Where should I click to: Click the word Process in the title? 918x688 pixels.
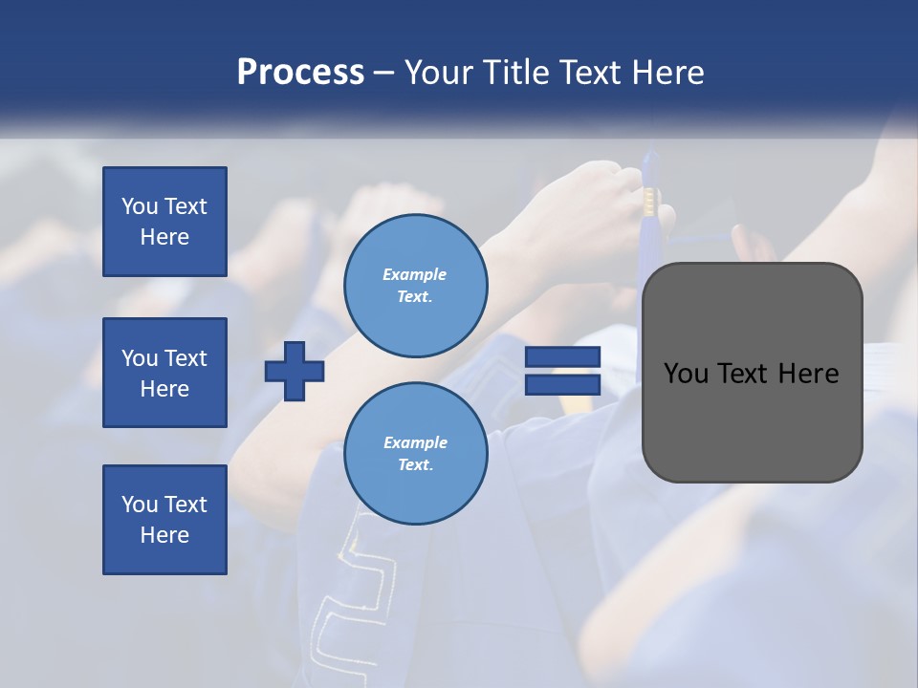300,73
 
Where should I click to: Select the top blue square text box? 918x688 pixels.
164,222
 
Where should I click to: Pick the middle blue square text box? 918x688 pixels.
164,373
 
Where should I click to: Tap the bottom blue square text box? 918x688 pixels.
164,519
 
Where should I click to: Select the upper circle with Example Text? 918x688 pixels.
415,285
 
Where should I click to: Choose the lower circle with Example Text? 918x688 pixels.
415,453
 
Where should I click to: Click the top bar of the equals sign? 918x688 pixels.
562,356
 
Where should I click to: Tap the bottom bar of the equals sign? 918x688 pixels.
562,384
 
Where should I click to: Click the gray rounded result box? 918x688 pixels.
752,420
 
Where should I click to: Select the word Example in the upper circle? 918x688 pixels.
415,274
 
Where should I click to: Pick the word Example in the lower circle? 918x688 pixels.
415,442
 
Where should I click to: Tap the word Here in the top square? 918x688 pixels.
164,237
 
